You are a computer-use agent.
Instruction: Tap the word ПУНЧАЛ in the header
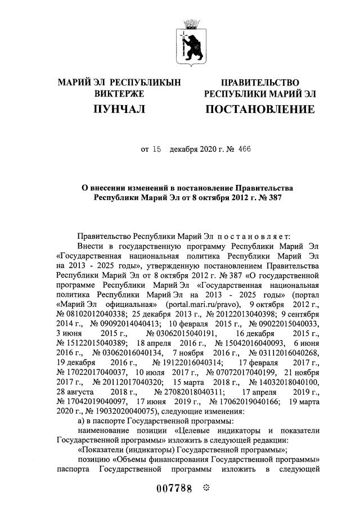(x=119, y=108)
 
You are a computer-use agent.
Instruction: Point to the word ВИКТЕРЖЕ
(x=119, y=94)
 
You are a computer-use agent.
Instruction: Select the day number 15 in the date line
(x=157, y=150)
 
